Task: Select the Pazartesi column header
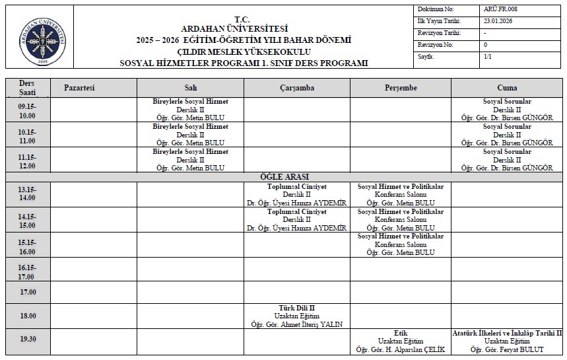click(x=79, y=88)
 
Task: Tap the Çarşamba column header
click(x=296, y=88)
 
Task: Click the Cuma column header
click(x=507, y=88)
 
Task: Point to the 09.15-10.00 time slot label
click(x=28, y=110)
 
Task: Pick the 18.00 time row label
click(x=28, y=316)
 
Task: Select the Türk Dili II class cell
click(x=296, y=316)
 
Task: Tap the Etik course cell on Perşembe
click(x=400, y=341)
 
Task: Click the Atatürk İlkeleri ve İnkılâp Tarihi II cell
click(x=507, y=341)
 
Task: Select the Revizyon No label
click(x=435, y=45)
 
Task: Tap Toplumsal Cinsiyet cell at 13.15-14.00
click(x=296, y=195)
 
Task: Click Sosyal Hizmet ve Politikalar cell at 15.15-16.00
click(x=400, y=244)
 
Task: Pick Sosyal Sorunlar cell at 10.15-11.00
click(x=507, y=134)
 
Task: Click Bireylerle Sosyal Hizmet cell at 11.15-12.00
click(x=190, y=159)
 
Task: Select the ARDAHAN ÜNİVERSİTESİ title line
click(x=234, y=28)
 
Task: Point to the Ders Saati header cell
click(x=28, y=88)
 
